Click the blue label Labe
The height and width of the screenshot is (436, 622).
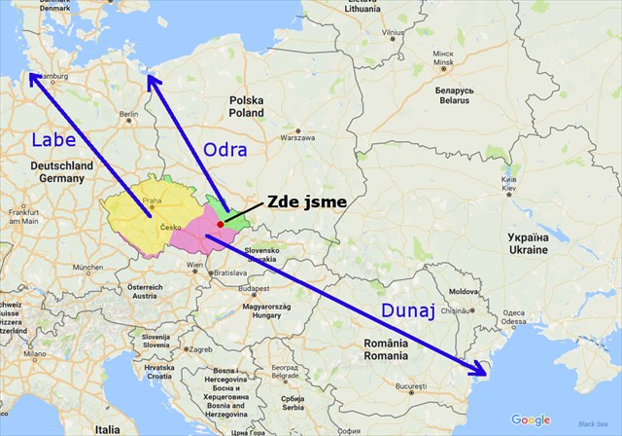point(53,140)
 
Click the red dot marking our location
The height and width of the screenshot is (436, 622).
point(221,225)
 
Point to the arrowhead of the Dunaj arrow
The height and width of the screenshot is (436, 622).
point(479,369)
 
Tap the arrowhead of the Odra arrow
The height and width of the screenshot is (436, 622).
point(151,79)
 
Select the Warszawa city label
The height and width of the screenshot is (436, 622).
point(297,138)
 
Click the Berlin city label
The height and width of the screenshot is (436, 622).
point(128,115)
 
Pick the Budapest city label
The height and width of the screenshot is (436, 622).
point(256,288)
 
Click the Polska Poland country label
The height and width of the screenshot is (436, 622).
point(246,106)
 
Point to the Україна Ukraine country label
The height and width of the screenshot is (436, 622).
point(529,243)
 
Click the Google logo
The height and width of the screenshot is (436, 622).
point(532,419)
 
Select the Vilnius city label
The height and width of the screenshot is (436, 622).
point(393,32)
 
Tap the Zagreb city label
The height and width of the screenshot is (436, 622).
point(200,348)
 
